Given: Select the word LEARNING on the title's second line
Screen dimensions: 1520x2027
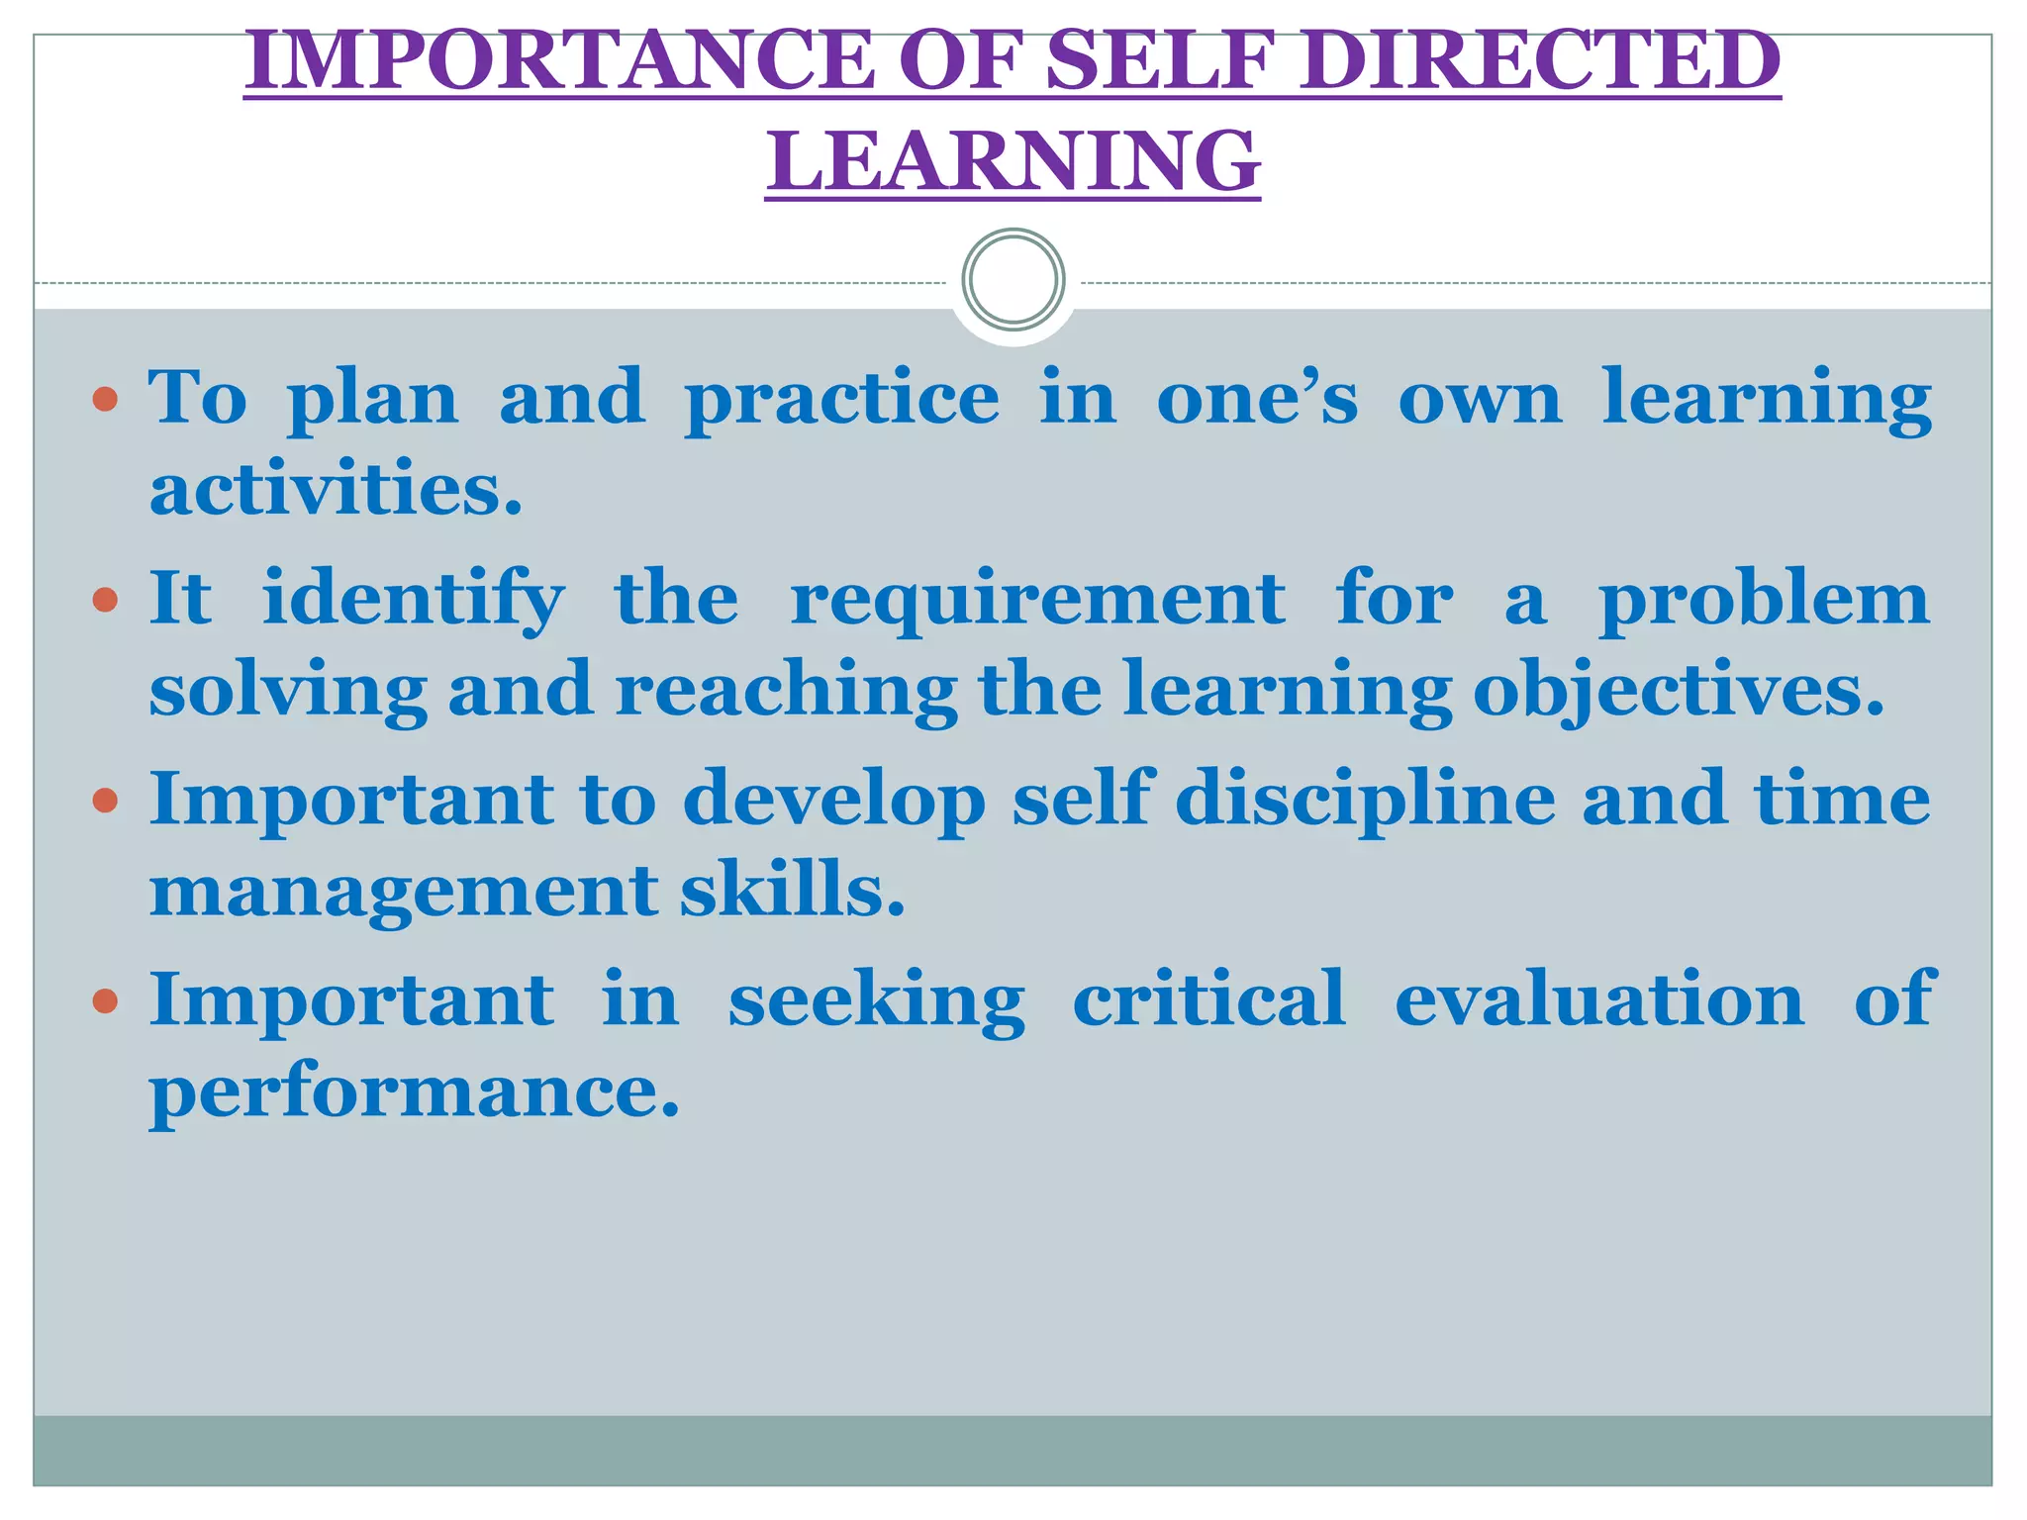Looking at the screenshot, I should pos(1013,160).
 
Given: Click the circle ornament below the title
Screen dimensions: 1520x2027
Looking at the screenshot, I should pos(1013,279).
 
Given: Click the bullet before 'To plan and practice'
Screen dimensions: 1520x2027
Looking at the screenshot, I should pos(105,400).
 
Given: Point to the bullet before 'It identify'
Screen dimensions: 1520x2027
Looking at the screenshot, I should pos(105,600).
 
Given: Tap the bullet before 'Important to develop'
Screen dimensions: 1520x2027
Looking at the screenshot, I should pos(105,800).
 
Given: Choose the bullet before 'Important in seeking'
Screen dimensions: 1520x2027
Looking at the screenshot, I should pos(105,1000).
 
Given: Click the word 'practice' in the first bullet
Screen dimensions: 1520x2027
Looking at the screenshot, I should pos(842,400).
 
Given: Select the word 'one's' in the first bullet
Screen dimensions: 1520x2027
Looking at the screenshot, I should pos(1257,398).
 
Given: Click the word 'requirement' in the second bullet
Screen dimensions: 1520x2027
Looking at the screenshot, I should pos(1037,600).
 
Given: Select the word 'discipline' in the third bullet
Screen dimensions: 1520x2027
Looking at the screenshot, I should pos(1365,800).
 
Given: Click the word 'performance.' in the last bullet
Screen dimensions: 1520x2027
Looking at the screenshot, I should pos(415,1092).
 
